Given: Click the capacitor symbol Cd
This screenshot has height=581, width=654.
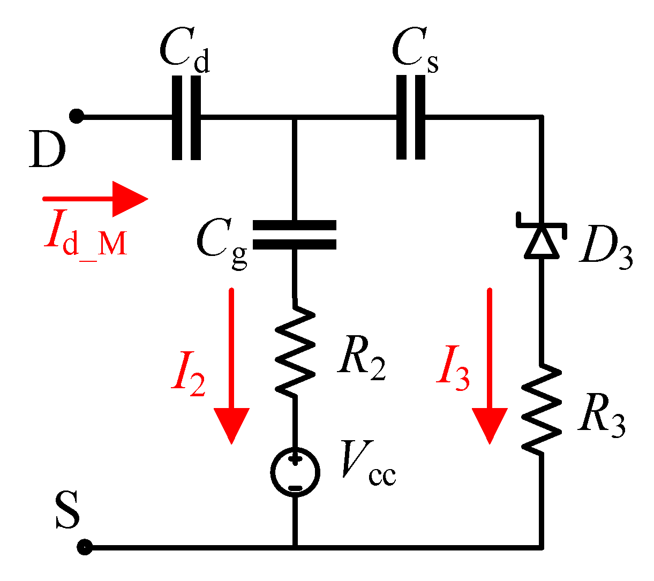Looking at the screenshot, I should [x=186, y=117].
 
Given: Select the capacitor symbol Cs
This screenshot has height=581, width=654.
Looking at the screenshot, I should [x=411, y=117].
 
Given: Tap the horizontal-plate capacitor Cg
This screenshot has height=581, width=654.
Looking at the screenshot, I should [x=294, y=235].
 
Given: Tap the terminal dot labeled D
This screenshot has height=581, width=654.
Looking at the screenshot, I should [x=77, y=116].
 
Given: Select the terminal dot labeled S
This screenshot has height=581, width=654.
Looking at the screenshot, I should [x=84, y=547].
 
